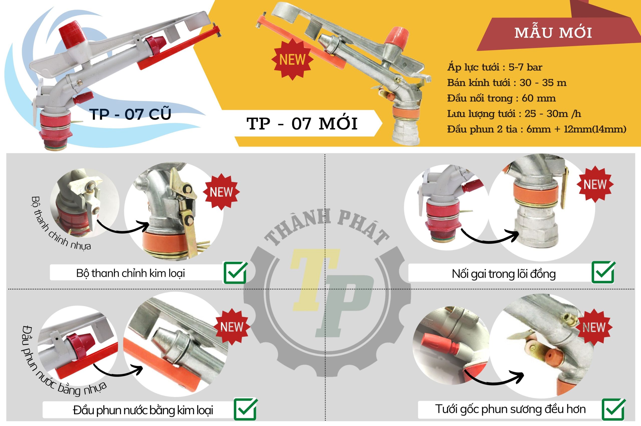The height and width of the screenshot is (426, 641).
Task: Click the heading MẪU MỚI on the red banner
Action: click(x=553, y=33)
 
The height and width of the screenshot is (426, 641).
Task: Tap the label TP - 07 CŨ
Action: click(x=130, y=114)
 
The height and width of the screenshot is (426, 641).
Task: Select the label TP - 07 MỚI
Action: click(x=302, y=124)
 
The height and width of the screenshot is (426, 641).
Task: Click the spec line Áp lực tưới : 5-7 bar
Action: click(x=495, y=67)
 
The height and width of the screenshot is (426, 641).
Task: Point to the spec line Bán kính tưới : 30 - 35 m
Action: click(x=507, y=82)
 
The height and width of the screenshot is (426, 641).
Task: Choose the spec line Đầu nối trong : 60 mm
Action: click(x=501, y=98)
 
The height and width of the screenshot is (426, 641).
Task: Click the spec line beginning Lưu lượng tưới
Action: click(x=514, y=113)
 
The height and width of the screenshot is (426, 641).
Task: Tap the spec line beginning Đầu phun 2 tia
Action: click(x=537, y=129)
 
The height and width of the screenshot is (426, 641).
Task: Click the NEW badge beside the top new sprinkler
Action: click(x=292, y=59)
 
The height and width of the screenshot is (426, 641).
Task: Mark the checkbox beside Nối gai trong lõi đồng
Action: click(x=603, y=272)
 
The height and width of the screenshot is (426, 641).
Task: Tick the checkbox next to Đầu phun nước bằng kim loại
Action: click(x=246, y=409)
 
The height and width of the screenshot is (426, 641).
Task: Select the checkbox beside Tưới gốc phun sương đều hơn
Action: click(x=613, y=409)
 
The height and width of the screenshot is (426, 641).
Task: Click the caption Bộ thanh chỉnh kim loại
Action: click(x=130, y=273)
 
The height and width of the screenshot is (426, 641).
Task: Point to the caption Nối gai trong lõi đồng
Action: click(x=504, y=273)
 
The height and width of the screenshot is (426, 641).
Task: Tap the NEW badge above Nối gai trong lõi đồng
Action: click(x=595, y=185)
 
